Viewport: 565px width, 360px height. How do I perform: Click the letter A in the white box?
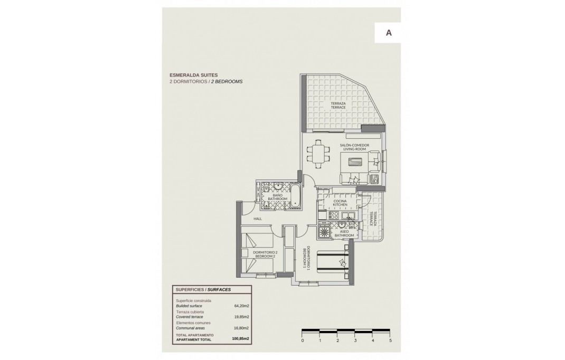(389, 33)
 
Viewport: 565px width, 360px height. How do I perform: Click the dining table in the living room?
(318, 154)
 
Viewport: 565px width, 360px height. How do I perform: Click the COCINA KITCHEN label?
(340, 203)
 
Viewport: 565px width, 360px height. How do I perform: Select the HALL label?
(258, 219)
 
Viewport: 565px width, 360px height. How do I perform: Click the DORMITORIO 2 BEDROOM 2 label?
(265, 254)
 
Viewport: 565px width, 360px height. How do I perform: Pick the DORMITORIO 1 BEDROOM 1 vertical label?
(305, 258)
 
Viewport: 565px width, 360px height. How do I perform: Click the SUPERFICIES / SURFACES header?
(203, 290)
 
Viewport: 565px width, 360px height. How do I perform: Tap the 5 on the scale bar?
(390, 340)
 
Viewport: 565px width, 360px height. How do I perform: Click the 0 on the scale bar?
(302, 340)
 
